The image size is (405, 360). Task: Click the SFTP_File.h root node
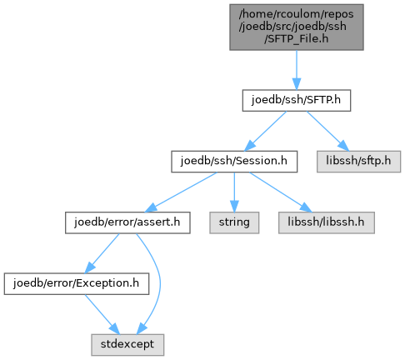pyautogui.click(x=297, y=27)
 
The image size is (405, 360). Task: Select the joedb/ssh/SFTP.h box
pyautogui.click(x=297, y=100)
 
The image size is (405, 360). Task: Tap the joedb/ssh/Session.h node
pyautogui.click(x=234, y=162)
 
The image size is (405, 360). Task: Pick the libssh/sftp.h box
pyautogui.click(x=358, y=162)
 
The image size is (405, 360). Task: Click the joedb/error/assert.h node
pyautogui.click(x=127, y=222)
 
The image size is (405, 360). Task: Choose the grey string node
pyautogui.click(x=234, y=222)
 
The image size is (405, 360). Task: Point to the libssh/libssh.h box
pyautogui.click(x=327, y=222)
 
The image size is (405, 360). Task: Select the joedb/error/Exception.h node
pyautogui.click(x=77, y=283)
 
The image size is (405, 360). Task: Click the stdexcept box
pyautogui.click(x=127, y=345)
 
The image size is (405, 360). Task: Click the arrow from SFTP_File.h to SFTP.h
pyautogui.click(x=297, y=70)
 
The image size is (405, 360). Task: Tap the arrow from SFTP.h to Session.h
pyautogui.click(x=265, y=132)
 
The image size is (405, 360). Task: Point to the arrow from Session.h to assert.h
pyautogui.click(x=181, y=192)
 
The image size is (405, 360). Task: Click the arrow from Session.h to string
pyautogui.click(x=234, y=192)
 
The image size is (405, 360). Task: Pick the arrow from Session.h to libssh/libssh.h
pyautogui.click(x=281, y=192)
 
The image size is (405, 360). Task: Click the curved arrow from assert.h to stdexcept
pyautogui.click(x=160, y=283)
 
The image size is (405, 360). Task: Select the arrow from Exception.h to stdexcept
pyautogui.click(x=102, y=314)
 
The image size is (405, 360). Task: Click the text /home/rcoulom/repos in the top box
pyautogui.click(x=296, y=14)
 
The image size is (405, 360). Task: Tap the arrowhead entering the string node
pyautogui.click(x=234, y=207)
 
